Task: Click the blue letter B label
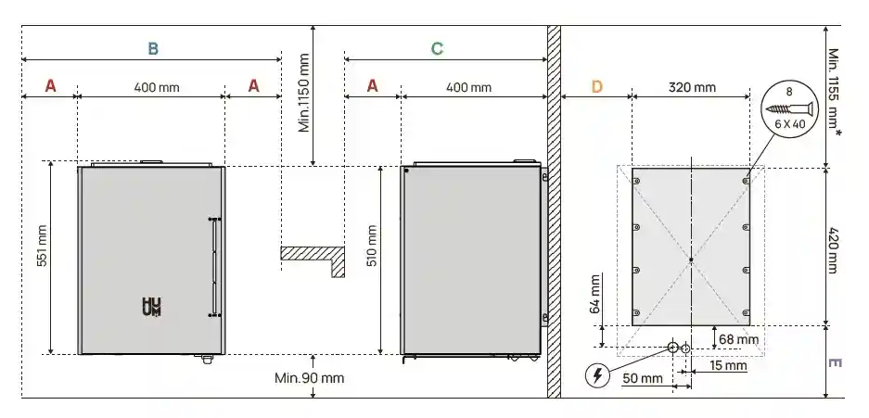pos(153,48)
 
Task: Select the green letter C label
pos(437,48)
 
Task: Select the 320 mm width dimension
pos(692,87)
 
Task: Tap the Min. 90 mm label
pos(309,378)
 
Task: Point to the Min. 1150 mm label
pos(303,93)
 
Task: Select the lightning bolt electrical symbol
pos(599,375)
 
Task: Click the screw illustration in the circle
pos(789,108)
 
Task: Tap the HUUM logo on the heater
pos(150,308)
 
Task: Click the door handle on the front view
pos(214,267)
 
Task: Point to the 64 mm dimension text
pos(594,295)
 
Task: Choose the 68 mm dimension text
pos(739,339)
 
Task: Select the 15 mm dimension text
pos(729,366)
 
